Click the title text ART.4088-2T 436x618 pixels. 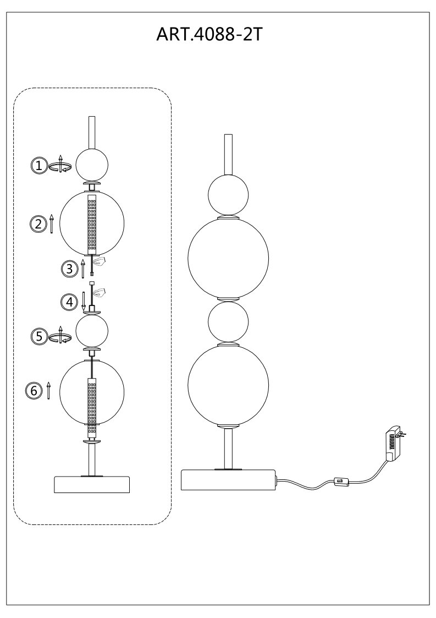209,35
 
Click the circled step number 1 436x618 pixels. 38,166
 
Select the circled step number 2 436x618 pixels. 38,224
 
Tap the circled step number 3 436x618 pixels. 70,269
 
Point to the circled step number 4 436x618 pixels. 69,302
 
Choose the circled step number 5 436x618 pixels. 38,336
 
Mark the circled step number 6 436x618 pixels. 34,391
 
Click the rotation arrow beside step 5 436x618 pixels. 60,335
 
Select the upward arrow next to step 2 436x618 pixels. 52,225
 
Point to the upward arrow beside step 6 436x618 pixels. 48,391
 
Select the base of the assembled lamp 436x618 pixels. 228,480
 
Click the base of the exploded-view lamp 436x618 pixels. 92,484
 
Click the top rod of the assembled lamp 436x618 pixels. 228,155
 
